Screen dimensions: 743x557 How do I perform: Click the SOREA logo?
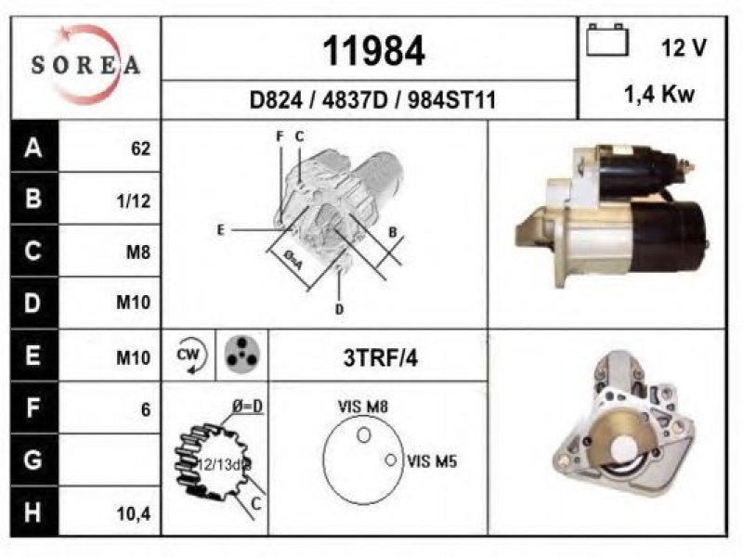[x=85, y=65]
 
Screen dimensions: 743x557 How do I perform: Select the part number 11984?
[x=373, y=51]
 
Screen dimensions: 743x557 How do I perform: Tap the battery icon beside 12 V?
[x=607, y=40]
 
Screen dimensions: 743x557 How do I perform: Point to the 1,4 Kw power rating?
[x=659, y=95]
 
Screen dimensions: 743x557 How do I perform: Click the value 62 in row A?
[x=141, y=149]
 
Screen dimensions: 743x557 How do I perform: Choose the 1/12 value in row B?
[x=133, y=201]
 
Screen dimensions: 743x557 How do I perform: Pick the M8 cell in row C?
[x=137, y=253]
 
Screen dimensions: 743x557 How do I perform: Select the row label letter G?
[x=33, y=460]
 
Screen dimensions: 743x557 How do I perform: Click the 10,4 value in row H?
[x=134, y=513]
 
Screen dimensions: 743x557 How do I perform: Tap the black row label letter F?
[x=33, y=408]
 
